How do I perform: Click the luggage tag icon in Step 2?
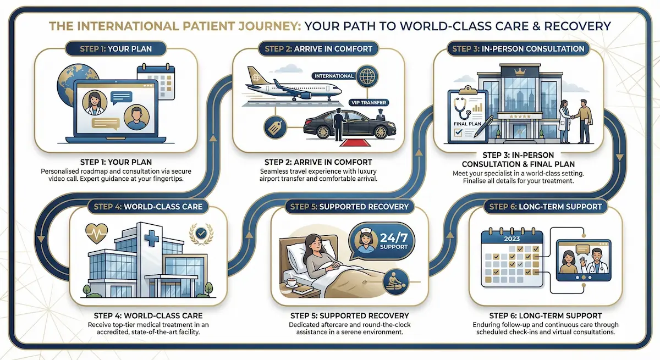coord(274,128)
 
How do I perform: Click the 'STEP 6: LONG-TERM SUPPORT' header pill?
coord(546,207)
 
